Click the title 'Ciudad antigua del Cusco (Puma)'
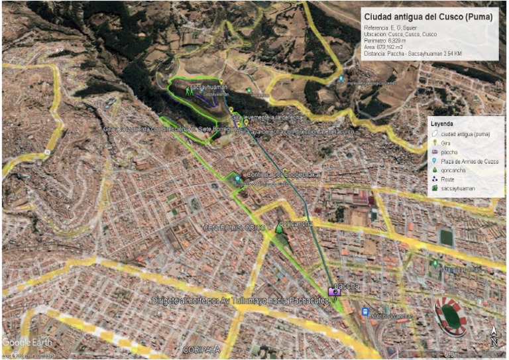[x=428, y=17]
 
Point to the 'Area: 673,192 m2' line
[x=384, y=47]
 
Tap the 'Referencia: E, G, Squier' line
[x=391, y=28]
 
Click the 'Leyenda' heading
[x=441, y=124]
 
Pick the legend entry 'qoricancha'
[x=453, y=170]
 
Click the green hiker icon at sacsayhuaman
[x=190, y=93]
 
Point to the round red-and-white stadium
[x=451, y=313]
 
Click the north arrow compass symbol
[x=494, y=335]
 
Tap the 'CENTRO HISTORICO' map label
[x=235, y=228]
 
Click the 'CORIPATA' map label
[x=201, y=349]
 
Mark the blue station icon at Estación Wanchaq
[x=365, y=312]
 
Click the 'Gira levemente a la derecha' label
[x=267, y=117]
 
